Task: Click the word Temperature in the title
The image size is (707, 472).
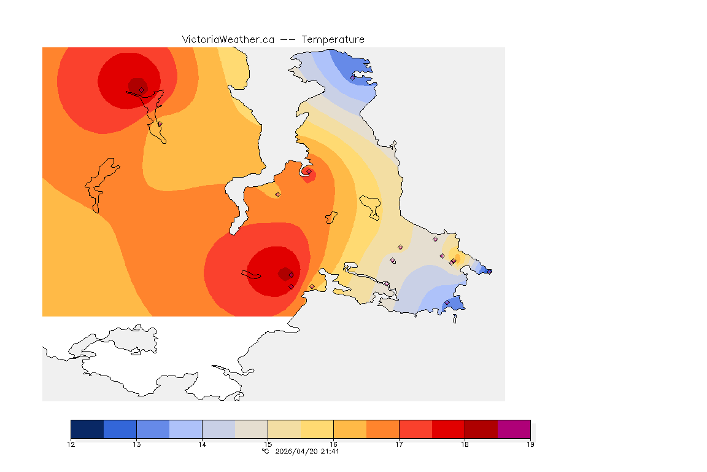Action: (x=333, y=39)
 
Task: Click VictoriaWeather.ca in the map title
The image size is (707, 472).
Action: (x=228, y=39)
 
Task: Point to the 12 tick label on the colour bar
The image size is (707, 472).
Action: (x=71, y=444)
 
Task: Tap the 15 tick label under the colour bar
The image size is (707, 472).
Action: (x=268, y=444)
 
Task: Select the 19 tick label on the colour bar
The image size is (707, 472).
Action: (x=530, y=444)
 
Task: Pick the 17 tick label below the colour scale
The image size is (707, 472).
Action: (x=399, y=444)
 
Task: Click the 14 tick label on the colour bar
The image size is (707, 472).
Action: (x=202, y=444)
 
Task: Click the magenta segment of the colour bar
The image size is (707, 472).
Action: (x=514, y=429)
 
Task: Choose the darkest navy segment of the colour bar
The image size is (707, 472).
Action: (x=87, y=429)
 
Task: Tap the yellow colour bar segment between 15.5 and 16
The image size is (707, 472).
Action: (x=317, y=429)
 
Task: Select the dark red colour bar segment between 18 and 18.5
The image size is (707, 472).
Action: (x=481, y=429)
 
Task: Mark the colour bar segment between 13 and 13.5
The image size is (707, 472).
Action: (x=153, y=429)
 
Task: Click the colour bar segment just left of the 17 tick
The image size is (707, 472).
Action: (x=382, y=429)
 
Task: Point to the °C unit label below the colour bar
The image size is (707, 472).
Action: (x=265, y=451)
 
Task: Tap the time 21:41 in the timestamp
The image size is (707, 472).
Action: (x=330, y=451)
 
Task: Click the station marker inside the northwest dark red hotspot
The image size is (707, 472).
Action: (x=141, y=90)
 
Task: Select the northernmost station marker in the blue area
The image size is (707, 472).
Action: (x=352, y=77)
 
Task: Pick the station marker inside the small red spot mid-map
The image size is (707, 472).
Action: (x=309, y=172)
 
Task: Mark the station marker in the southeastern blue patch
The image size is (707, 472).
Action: (x=447, y=302)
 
